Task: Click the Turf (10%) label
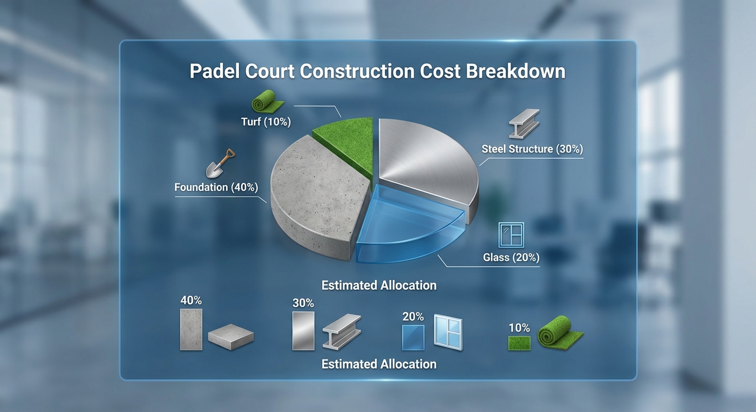tap(266, 122)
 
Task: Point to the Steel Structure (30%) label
tap(532, 149)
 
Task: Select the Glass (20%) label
tap(511, 257)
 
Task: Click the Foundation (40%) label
tap(216, 187)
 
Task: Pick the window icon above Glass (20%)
tap(511, 235)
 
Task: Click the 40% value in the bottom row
tap(191, 300)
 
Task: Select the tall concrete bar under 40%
tap(191, 329)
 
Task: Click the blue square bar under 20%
tap(413, 337)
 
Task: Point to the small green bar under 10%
tap(519, 343)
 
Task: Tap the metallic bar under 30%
tap(303, 331)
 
